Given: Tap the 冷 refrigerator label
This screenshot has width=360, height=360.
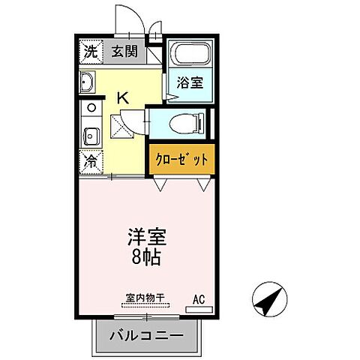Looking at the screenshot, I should click(90, 160).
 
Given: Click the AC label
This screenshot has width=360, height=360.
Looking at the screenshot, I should click(199, 299).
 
